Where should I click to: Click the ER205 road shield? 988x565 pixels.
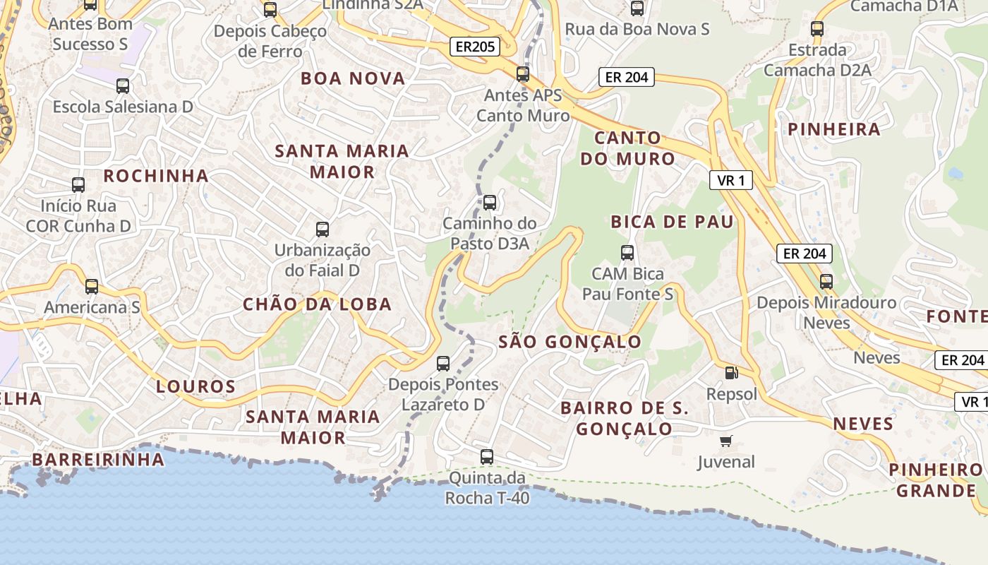[475, 47]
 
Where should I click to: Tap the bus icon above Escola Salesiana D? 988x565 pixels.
[123, 86]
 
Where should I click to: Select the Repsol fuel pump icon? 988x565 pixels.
[731, 372]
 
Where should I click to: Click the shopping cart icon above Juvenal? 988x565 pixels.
[725, 441]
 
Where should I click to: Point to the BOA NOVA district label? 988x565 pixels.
[353, 78]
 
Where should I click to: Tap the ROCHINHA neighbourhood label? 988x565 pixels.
[156, 176]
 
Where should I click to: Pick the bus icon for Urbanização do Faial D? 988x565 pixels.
[323, 229]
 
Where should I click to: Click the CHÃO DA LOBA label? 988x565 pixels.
[317, 304]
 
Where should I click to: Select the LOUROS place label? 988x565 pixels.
[195, 386]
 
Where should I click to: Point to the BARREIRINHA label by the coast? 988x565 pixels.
[98, 460]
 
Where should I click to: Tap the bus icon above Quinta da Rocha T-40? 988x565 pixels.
[487, 456]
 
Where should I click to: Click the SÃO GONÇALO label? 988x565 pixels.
[570, 343]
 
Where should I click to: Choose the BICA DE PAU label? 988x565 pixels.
[672, 222]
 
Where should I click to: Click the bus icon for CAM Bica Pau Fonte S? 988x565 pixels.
[627, 252]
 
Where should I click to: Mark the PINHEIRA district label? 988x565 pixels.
[834, 129]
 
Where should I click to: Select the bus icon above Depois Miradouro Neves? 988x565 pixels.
[826, 281]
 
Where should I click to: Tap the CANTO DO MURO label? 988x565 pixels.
[627, 148]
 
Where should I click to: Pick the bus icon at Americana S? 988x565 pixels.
[92, 286]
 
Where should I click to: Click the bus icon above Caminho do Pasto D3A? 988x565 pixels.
[490, 203]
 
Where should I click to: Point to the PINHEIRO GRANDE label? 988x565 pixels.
[936, 480]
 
